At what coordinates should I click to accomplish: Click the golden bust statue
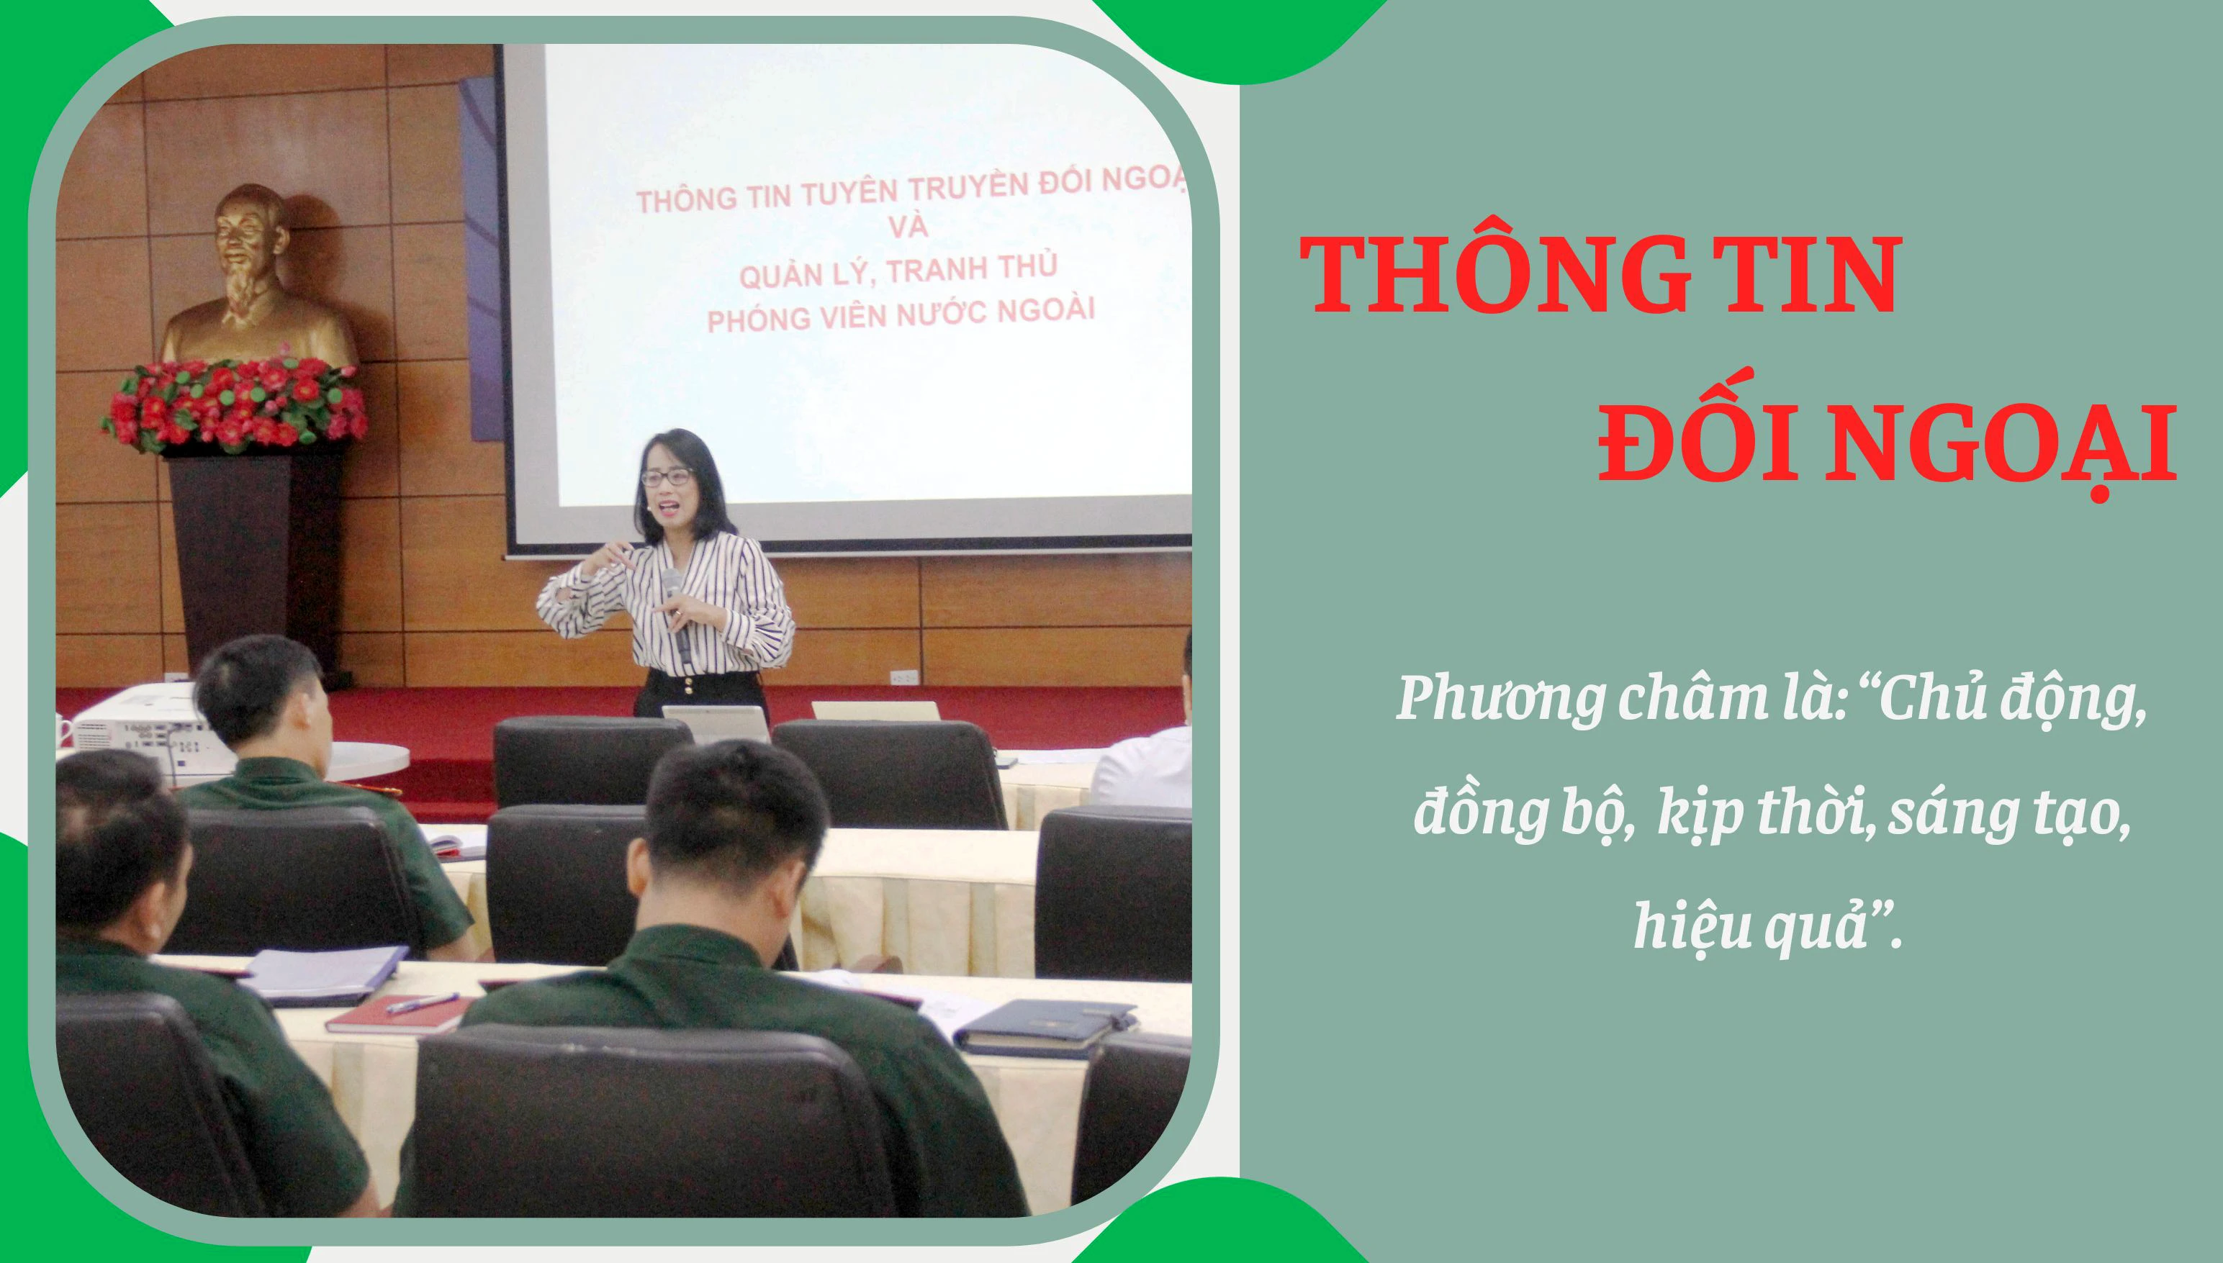pyautogui.click(x=257, y=278)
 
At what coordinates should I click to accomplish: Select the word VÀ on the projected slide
pyautogui.click(x=908, y=227)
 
